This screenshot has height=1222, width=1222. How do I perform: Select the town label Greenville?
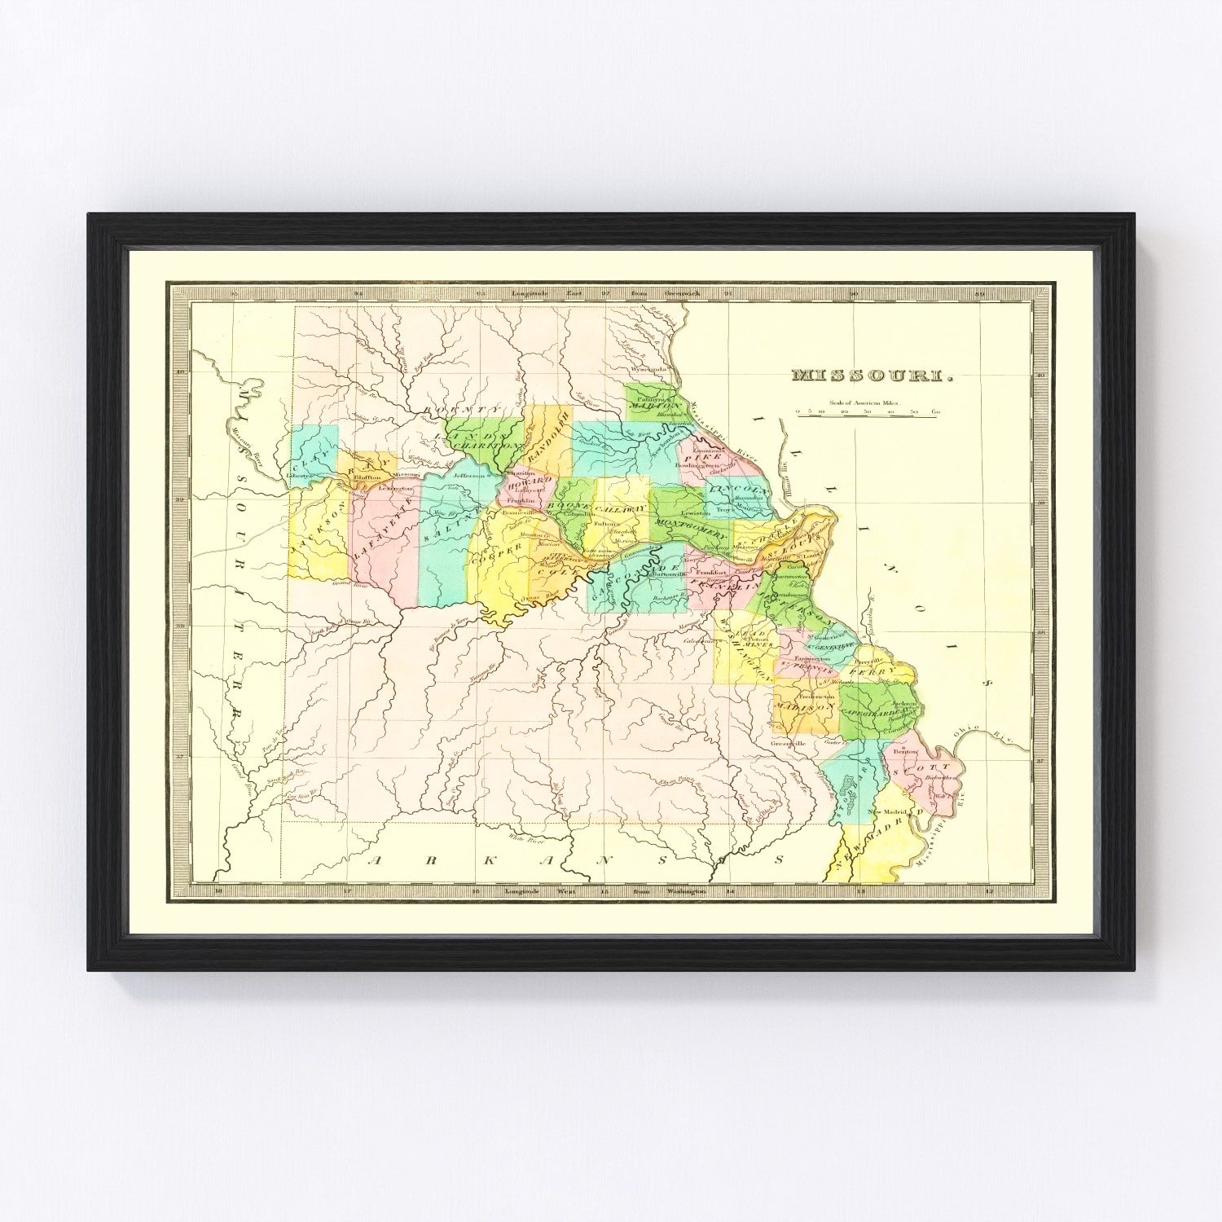tap(789, 743)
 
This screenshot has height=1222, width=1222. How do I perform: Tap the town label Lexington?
tap(396, 488)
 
